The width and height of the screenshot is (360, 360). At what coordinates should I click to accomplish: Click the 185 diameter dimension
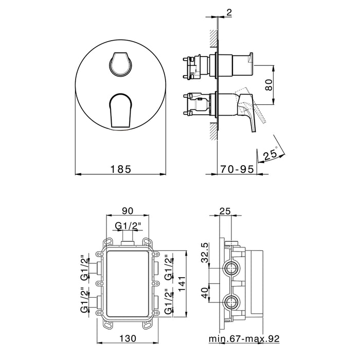(x=121, y=169)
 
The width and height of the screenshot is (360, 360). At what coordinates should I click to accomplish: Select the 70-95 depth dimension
(x=238, y=169)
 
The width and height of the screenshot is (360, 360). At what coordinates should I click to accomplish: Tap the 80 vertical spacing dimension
(x=269, y=85)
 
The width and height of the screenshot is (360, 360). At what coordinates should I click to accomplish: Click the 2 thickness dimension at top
(x=229, y=13)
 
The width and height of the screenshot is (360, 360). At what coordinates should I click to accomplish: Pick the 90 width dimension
(x=128, y=211)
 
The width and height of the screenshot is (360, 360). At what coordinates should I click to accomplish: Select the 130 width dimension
(x=128, y=338)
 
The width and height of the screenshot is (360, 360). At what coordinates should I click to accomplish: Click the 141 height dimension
(x=182, y=284)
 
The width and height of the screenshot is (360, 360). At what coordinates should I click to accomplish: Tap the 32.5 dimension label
(x=205, y=253)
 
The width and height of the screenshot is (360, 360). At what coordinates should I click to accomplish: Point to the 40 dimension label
(x=205, y=293)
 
